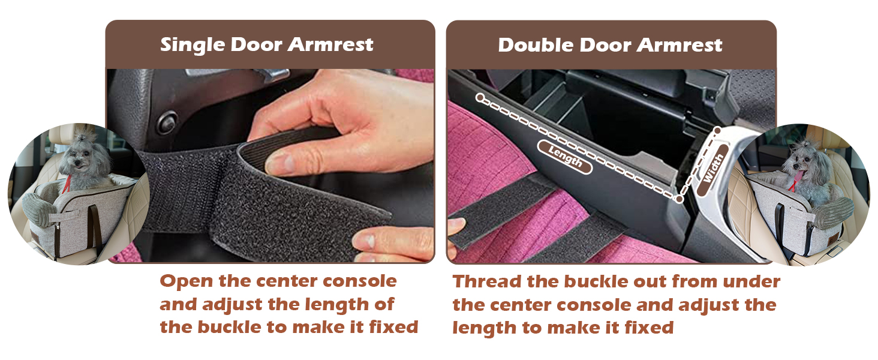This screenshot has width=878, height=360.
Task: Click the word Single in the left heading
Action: coord(193,45)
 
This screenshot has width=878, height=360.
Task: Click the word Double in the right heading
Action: coord(536,45)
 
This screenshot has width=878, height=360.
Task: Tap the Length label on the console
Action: coord(565,157)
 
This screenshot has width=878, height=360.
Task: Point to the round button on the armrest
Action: coord(167,122)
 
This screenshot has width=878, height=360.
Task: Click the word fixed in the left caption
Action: coord(394,327)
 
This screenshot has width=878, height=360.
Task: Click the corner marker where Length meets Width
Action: coord(679,199)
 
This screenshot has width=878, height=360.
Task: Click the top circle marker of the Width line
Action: coord(717,130)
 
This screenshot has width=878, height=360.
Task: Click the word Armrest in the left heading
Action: coord(330,45)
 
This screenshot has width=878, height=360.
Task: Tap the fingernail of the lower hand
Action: coord(368,239)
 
